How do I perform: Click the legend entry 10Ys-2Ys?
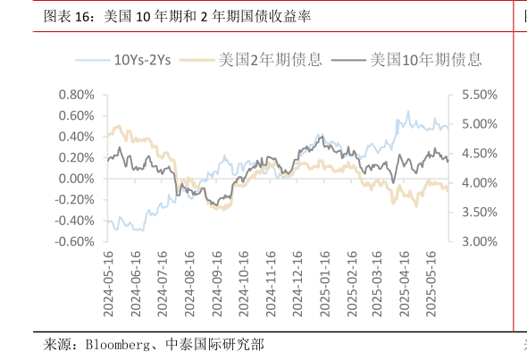[142, 61]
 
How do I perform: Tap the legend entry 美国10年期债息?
[425, 61]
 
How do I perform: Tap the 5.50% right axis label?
[480, 95]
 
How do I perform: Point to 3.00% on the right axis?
[480, 242]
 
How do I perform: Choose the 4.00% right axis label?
[480, 183]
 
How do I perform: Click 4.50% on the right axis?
[480, 154]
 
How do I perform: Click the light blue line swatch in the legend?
[91, 61]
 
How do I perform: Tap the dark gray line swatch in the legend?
[347, 61]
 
